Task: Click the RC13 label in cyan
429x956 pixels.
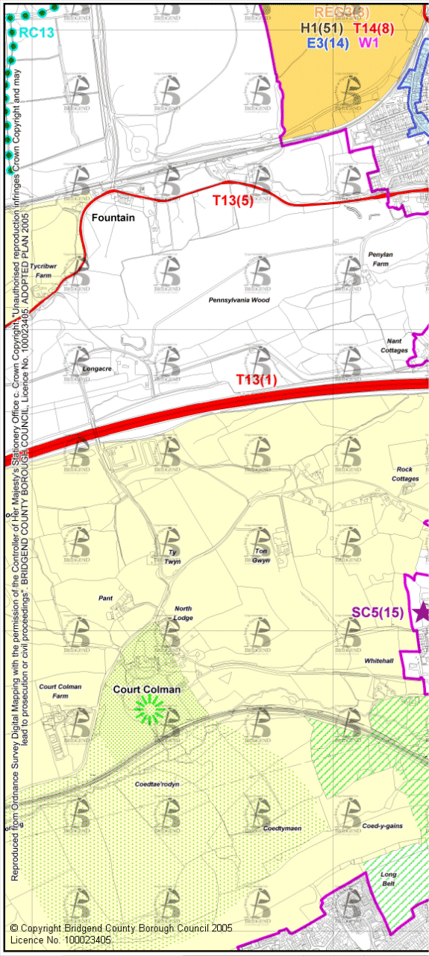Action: (x=37, y=33)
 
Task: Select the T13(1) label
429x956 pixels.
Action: (x=257, y=380)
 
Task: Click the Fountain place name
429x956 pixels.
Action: (x=113, y=218)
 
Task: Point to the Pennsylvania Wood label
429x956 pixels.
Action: (x=239, y=300)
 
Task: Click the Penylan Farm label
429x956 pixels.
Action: (x=379, y=259)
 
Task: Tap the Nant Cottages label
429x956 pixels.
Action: (x=394, y=345)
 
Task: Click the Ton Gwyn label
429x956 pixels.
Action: (x=261, y=555)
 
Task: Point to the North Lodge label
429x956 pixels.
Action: (x=184, y=612)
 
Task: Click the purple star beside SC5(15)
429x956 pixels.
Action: (x=422, y=612)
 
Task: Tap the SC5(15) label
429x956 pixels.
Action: (x=378, y=612)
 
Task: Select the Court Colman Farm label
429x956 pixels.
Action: (x=60, y=691)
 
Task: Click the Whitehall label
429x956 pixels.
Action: (x=379, y=661)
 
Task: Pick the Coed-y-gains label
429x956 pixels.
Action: (x=383, y=826)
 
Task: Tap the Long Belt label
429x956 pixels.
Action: (x=388, y=879)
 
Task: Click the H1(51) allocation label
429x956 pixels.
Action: (x=321, y=28)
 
